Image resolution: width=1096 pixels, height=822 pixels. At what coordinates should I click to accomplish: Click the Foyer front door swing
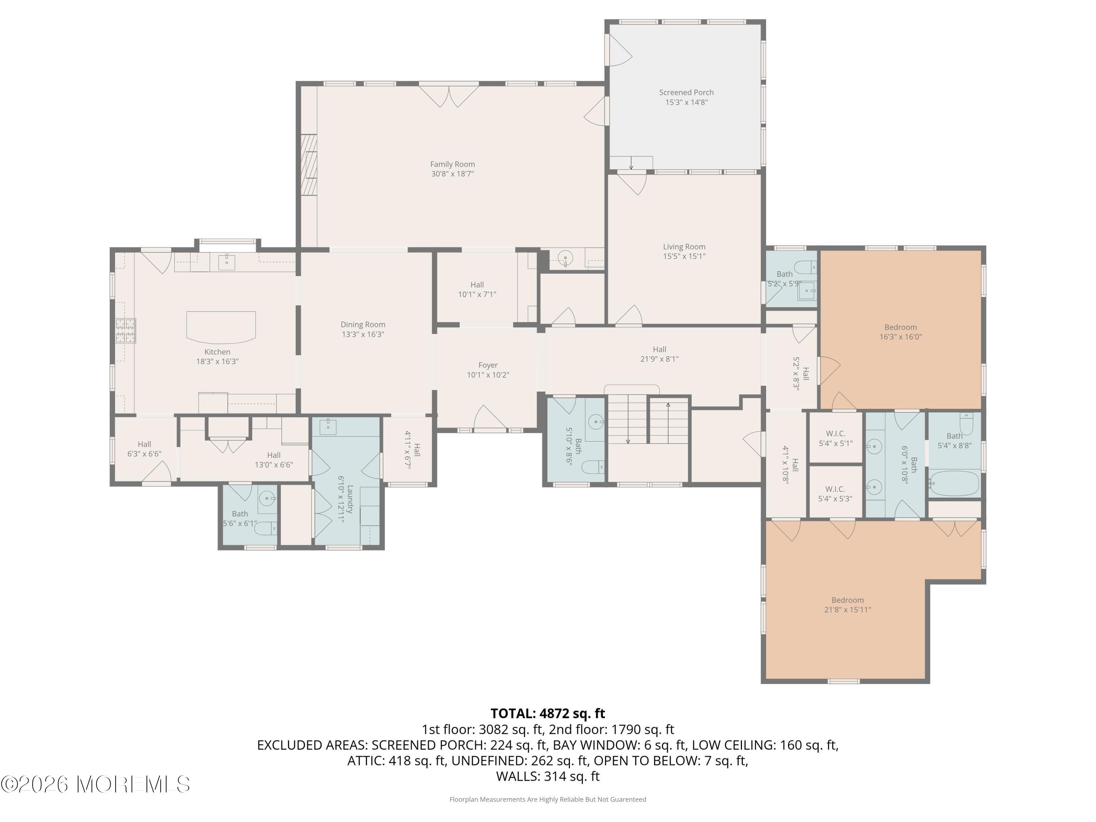(490, 418)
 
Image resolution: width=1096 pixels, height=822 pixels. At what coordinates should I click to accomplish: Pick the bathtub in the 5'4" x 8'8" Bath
(954, 483)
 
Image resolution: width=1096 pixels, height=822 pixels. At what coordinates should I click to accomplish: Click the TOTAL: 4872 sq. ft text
(548, 713)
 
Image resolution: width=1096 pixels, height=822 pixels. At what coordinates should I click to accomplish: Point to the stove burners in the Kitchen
(125, 331)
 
